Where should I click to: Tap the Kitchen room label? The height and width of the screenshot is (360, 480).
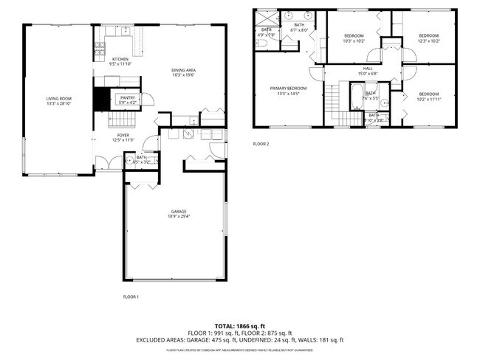[120, 59]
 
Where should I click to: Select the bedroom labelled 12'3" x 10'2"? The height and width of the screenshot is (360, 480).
[428, 36]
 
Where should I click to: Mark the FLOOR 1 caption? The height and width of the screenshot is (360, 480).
[130, 296]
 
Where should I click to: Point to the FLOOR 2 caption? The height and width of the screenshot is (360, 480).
[261, 144]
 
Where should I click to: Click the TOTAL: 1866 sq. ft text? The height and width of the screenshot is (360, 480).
[239, 325]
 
